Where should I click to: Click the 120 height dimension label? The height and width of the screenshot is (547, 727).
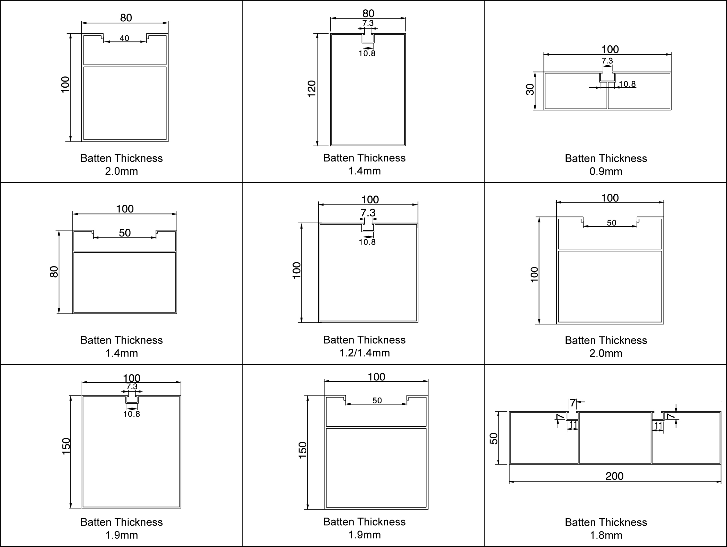click(x=312, y=89)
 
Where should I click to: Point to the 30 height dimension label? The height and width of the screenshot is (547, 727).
click(x=530, y=90)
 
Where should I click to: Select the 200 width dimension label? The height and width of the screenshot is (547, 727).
click(x=615, y=476)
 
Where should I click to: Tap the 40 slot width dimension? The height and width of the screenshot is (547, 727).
click(x=124, y=38)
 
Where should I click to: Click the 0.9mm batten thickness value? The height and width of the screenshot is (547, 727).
click(x=606, y=171)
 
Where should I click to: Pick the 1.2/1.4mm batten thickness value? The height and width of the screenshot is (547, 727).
click(x=365, y=353)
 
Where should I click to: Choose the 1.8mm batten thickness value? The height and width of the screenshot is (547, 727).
click(x=606, y=535)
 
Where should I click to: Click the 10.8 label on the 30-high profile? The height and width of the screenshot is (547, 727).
click(x=627, y=84)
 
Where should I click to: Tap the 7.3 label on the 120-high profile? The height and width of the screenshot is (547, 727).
click(x=368, y=23)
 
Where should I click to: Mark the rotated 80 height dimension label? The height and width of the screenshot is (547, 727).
click(x=54, y=272)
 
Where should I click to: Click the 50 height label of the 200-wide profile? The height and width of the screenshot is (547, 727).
click(x=494, y=438)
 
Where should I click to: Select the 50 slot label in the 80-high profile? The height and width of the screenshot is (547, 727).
click(x=125, y=233)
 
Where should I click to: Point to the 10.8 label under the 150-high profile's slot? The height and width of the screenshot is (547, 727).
click(x=131, y=414)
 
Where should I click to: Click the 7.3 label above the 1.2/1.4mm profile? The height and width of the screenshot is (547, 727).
click(x=368, y=213)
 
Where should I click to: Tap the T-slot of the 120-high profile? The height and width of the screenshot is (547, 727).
click(x=368, y=38)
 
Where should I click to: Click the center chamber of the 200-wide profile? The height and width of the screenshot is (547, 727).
click(x=615, y=438)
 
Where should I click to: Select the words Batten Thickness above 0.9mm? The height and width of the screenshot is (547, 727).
click(x=606, y=158)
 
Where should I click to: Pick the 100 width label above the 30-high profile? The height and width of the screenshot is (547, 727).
click(x=610, y=49)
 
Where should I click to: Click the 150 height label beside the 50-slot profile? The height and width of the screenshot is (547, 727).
click(x=302, y=451)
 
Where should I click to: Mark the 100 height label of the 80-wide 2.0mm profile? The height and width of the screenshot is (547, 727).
click(x=65, y=85)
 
